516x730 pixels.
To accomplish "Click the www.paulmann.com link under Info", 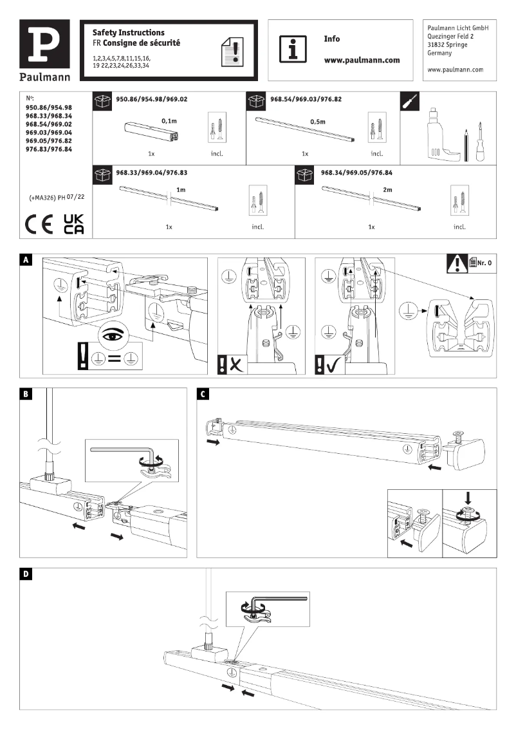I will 362,60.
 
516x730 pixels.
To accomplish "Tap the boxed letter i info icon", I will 293,48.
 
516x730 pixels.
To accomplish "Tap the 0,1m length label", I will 169,120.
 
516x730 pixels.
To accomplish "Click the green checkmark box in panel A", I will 329,365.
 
